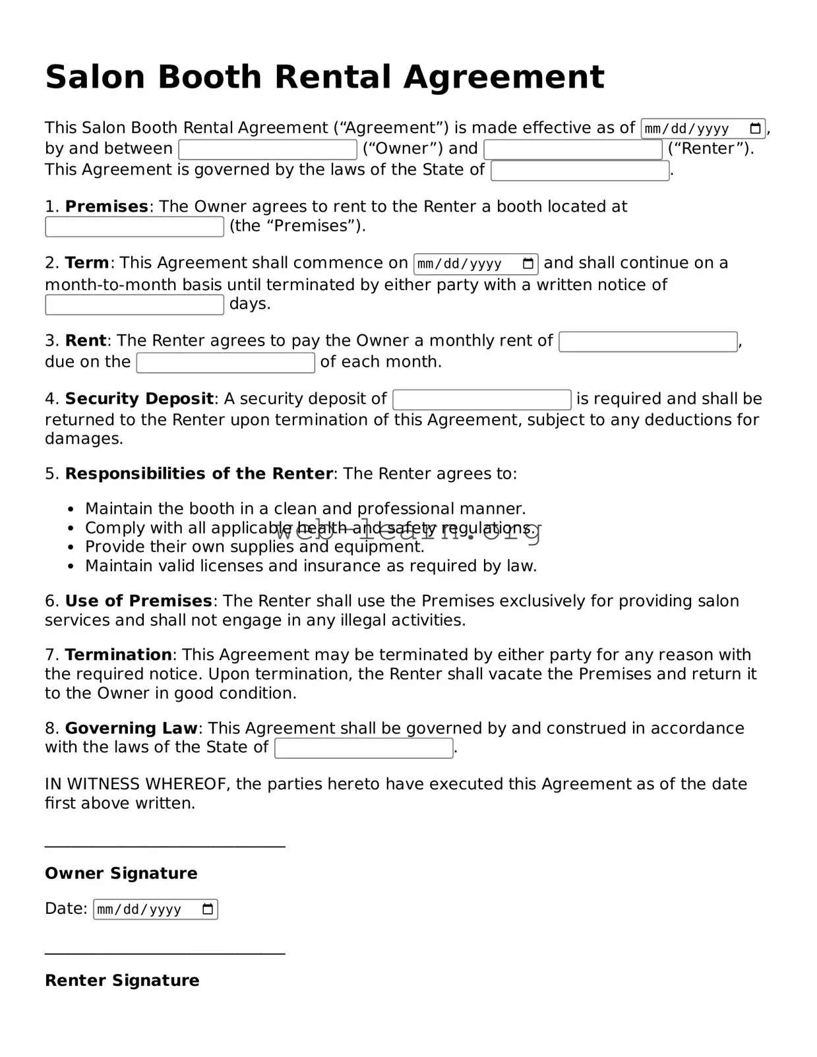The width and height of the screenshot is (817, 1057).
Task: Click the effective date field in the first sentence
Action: pos(692,129)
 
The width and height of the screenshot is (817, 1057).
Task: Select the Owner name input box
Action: pos(268,150)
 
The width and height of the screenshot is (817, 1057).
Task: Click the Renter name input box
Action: pos(572,150)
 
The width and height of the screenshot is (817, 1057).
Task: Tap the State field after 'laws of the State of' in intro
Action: pos(580,171)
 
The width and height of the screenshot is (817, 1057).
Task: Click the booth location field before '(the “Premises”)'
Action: pos(135,227)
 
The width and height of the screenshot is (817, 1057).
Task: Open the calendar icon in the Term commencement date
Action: pos(528,264)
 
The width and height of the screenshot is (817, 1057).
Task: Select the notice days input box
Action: pos(135,305)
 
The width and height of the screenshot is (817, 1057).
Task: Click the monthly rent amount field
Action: pos(648,342)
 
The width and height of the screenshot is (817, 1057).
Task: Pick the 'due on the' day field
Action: pos(226,363)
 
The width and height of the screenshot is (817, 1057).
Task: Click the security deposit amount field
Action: pos(481,400)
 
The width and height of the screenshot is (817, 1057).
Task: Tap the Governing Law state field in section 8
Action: pos(363,748)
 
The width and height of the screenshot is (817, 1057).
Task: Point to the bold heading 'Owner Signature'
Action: pos(121,873)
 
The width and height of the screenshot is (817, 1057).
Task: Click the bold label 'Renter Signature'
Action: pos(122,980)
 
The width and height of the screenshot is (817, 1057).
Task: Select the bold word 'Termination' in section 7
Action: pos(119,655)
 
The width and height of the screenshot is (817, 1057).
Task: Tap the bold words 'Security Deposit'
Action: pos(139,399)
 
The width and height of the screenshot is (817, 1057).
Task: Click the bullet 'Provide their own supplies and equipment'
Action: pos(255,547)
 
